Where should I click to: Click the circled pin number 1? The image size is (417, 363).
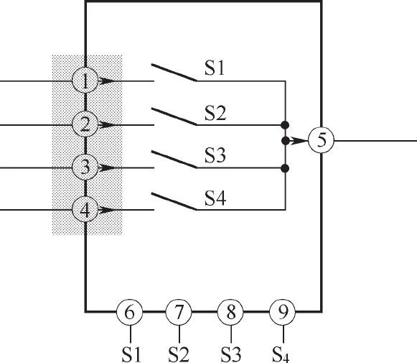point(85,81)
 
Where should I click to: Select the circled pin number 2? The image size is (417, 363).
point(85,124)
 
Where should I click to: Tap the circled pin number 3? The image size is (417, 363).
point(85,167)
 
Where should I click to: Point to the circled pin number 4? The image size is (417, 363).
point(85,210)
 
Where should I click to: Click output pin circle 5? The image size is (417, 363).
point(321,140)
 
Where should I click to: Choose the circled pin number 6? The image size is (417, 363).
point(129,312)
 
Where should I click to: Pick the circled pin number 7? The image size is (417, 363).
point(179,312)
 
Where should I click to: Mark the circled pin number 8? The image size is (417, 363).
point(230,312)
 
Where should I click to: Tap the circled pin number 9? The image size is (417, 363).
point(283,312)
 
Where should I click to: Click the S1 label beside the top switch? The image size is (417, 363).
point(215,68)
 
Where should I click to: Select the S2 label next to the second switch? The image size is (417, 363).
point(215,113)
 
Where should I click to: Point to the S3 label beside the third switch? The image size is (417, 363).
point(215,155)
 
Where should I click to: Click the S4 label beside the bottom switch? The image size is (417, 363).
point(215,198)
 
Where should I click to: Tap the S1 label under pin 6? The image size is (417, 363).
point(131,354)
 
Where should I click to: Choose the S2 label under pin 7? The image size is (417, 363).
point(179,354)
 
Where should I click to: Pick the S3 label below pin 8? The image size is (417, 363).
point(231,354)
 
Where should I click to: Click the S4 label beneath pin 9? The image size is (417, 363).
point(281,355)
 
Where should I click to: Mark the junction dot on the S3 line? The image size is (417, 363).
point(286,168)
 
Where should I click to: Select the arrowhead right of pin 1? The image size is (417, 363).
point(107,81)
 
